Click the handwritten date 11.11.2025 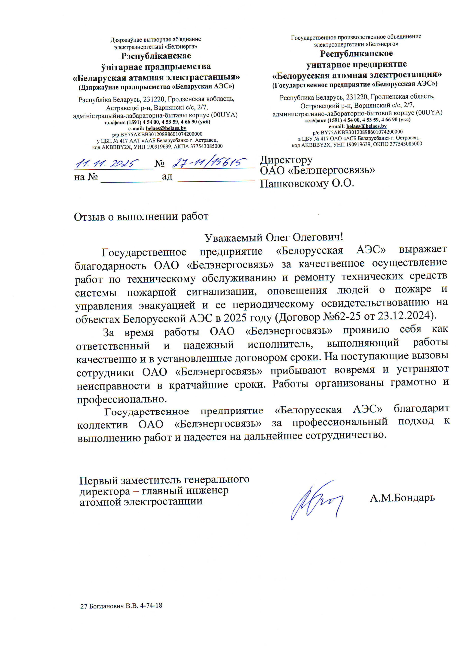pos(107,163)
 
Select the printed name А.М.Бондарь pos(402,497)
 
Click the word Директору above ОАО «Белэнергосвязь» pos(286,160)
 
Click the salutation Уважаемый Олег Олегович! pos(273,237)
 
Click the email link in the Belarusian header pos(166,128)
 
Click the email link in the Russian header pos(366,126)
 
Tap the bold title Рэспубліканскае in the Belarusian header pos(156,56)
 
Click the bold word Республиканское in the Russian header pos(356,54)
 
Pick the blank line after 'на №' pos(131,178)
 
